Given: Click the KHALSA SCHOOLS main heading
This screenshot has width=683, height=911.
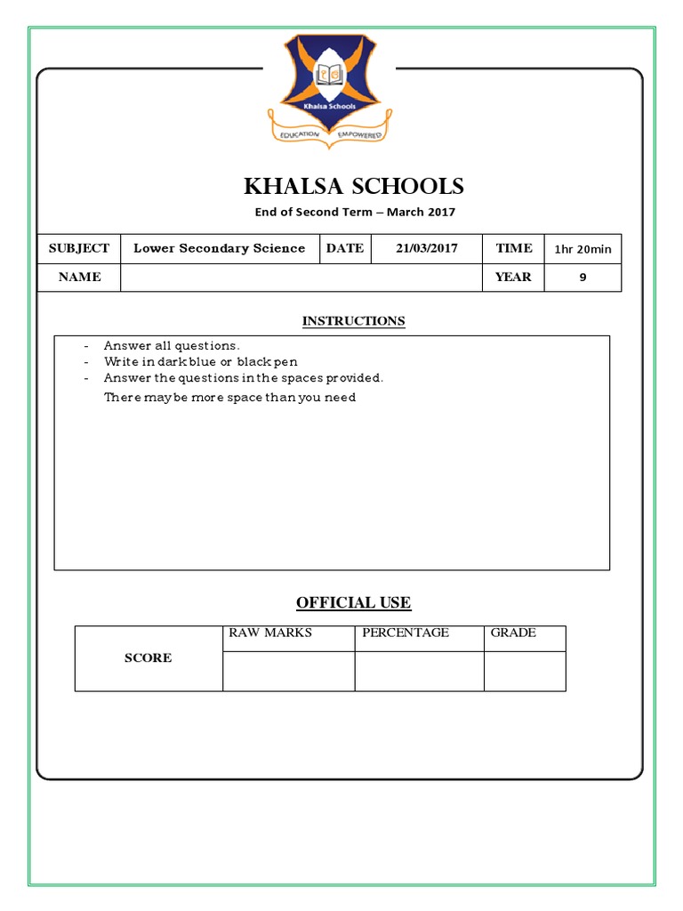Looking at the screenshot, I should coord(354,186).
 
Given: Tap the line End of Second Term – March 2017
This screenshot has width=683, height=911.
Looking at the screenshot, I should coord(354,212).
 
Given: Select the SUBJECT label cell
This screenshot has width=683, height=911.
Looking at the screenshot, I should coord(78,248).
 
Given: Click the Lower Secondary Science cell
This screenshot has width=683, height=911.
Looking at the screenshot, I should coord(219,248).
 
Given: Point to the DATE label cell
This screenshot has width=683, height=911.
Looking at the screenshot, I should coord(345,248).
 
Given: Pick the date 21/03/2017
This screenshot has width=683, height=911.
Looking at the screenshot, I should coord(427,248).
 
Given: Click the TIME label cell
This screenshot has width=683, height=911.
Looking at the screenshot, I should coord(514,248).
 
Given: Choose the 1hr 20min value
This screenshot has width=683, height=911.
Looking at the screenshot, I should coord(583,249).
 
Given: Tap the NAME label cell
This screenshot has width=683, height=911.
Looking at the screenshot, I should coord(79,277).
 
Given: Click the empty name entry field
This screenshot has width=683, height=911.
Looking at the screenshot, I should coord(301,278).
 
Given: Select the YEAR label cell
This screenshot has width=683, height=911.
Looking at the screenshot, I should coord(513,277).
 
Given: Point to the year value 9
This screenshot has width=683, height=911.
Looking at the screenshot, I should coord(583,278).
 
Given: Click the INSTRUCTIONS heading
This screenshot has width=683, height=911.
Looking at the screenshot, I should coord(353,321).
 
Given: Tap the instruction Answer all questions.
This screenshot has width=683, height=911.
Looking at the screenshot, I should coord(172,345).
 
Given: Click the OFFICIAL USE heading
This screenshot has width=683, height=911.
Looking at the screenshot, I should coord(353,602).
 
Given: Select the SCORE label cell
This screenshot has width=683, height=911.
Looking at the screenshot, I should coord(149,658).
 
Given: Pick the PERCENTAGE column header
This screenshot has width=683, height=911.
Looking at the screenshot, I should coord(406,633).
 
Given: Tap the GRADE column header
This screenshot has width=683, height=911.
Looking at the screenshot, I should coord(513,633).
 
